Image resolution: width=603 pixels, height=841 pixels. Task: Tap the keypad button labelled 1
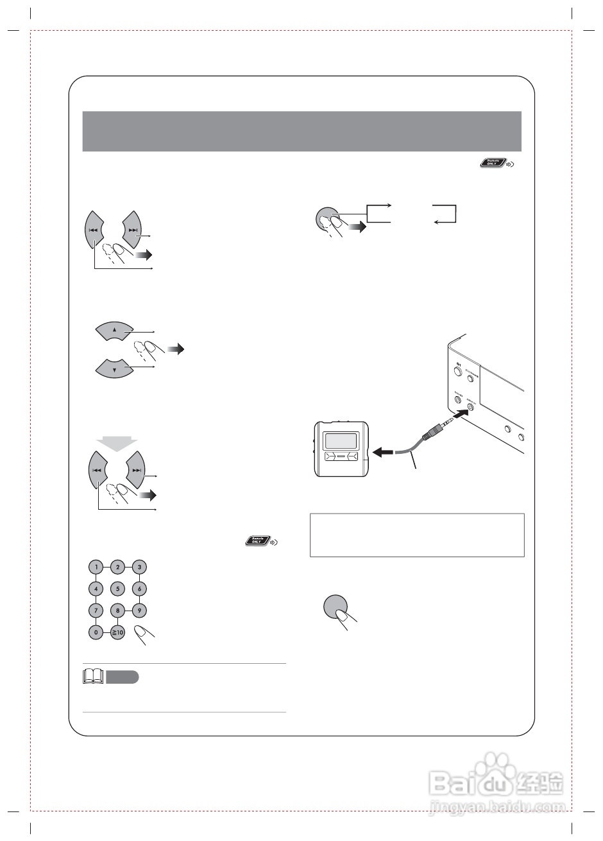point(95,567)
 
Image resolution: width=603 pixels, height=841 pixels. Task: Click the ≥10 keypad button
point(117,632)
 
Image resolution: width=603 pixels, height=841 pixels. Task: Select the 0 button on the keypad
point(95,632)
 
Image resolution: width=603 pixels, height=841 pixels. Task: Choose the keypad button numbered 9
point(140,611)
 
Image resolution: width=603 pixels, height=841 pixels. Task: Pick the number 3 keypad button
point(140,567)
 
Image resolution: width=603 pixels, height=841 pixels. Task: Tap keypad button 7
point(95,611)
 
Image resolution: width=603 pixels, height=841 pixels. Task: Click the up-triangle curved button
point(114,331)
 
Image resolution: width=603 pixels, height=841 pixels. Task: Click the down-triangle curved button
point(114,368)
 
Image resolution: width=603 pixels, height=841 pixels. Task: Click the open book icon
point(94,677)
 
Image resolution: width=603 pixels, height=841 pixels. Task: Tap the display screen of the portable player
point(341,440)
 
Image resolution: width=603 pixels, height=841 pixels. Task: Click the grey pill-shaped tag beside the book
point(122,677)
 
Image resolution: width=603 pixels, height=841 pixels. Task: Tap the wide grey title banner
point(301,131)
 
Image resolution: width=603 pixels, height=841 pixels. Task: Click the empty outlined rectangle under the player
point(417,535)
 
